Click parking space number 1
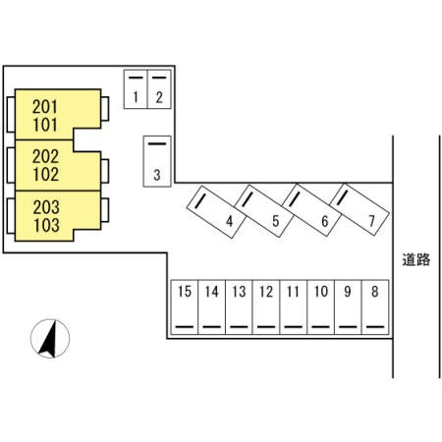[x=136, y=89]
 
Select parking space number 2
[x=159, y=89]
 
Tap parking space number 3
[x=157, y=161]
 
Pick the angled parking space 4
[x=216, y=212]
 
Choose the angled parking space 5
[x=264, y=211]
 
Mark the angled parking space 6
[x=311, y=210]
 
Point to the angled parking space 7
[x=359, y=209]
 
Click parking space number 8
[x=375, y=306]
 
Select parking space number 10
[x=321, y=306]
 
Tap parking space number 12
[x=266, y=306]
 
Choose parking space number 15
[x=185, y=306]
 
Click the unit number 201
[x=45, y=107]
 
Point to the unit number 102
[x=46, y=174]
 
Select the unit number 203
[x=46, y=207]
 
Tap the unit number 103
[x=46, y=225]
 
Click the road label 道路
[x=416, y=260]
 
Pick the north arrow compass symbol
[x=50, y=339]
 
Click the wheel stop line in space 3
[x=157, y=143]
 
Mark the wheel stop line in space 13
[x=239, y=327]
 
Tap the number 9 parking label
[x=348, y=292]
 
